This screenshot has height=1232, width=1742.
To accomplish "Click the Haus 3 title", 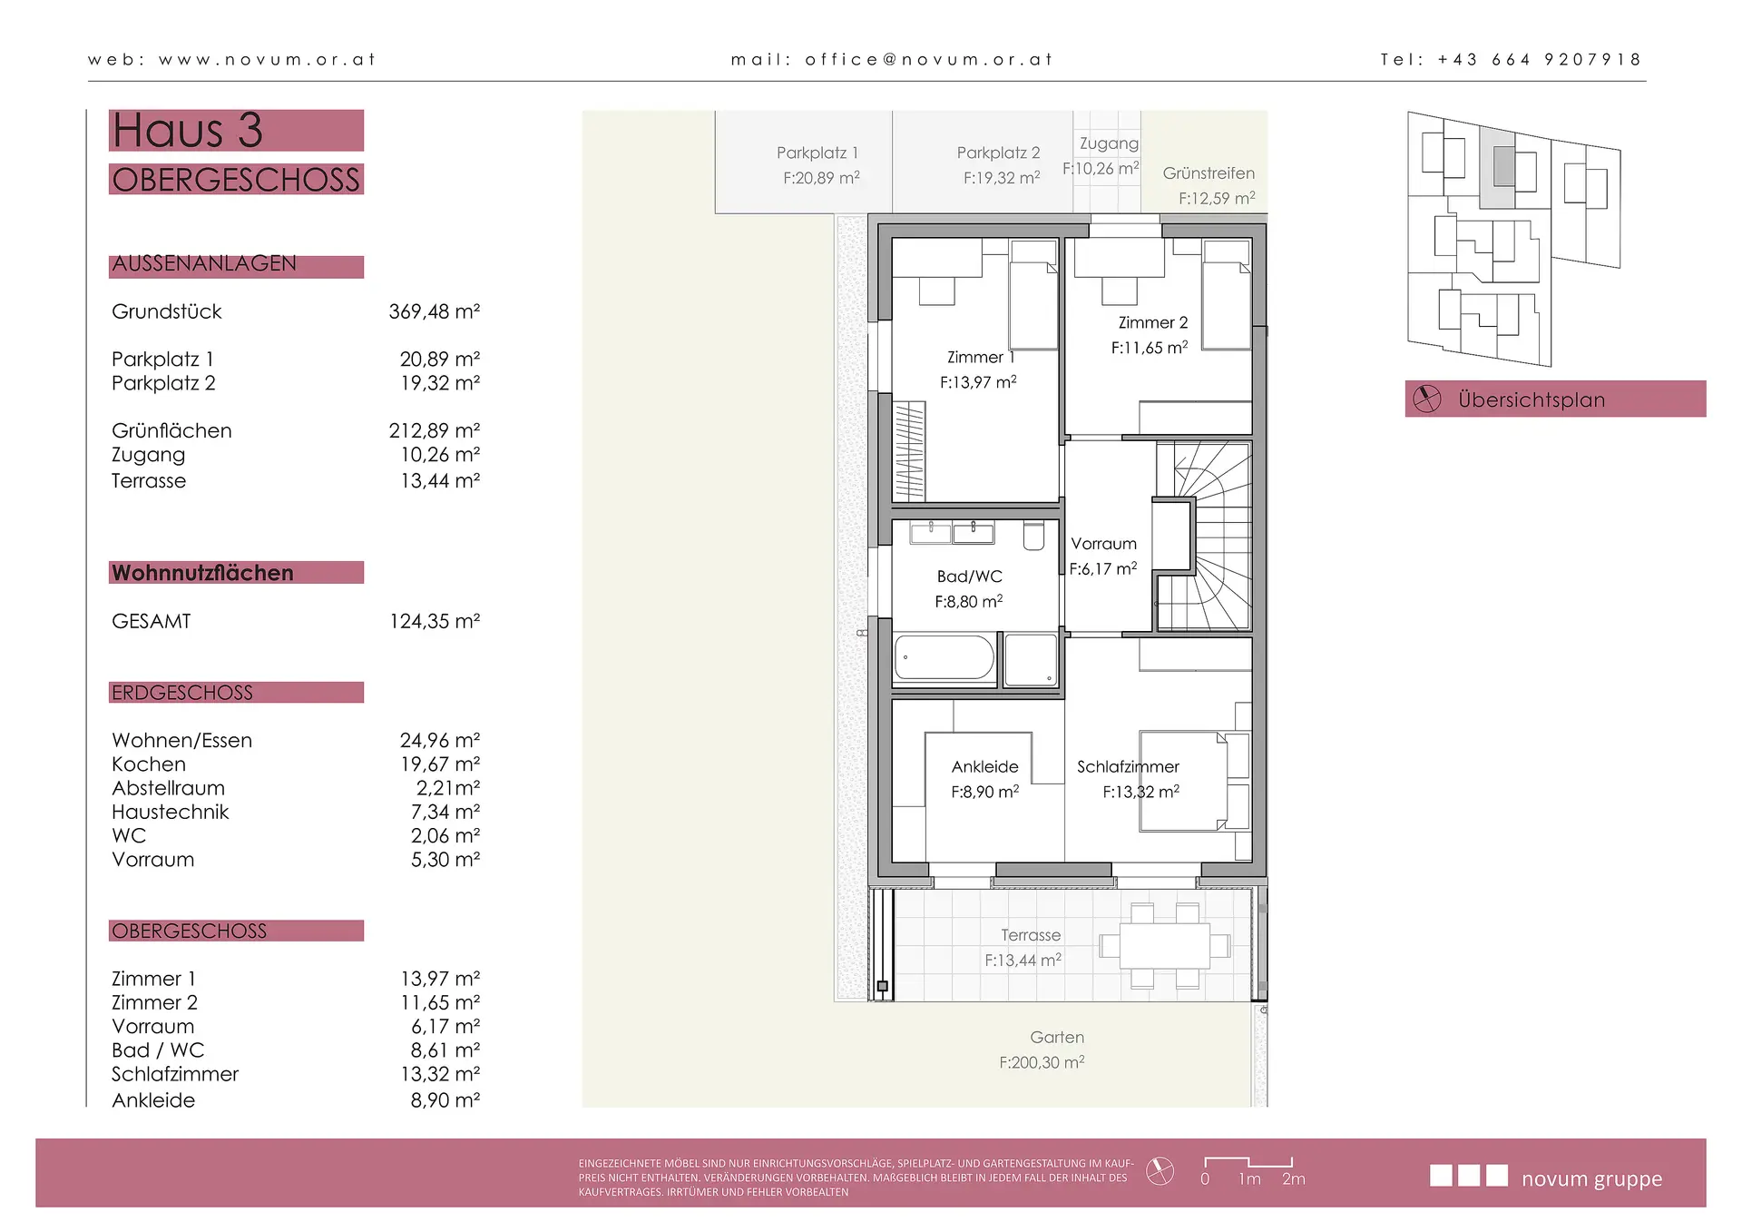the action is (187, 130).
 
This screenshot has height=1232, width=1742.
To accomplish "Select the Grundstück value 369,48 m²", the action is (435, 311).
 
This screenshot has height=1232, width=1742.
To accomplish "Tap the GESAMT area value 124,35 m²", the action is (435, 621).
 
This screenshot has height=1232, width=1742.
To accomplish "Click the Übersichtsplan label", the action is (1532, 399).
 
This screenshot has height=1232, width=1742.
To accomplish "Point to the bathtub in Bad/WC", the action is (944, 657).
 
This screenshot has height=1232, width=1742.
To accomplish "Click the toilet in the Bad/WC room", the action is (1033, 536).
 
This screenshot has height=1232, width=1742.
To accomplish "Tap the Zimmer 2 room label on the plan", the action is (1152, 322).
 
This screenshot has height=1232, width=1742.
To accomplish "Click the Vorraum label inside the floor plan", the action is (1103, 544).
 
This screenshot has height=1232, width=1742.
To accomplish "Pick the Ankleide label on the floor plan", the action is (984, 767).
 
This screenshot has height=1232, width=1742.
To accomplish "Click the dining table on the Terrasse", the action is (1164, 946).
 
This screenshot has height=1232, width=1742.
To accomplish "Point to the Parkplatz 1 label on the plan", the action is (817, 153).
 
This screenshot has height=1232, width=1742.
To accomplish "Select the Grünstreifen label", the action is (1209, 172).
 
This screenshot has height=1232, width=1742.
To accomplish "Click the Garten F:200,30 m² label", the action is (1043, 1050).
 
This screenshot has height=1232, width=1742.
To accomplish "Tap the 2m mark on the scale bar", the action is (1293, 1178).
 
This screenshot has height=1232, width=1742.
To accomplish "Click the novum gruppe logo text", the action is (1591, 1179).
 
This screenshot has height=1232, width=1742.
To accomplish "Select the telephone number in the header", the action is (1540, 60).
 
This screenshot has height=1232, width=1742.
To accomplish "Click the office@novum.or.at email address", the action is (928, 60).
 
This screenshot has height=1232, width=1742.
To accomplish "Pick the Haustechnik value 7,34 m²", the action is (445, 812).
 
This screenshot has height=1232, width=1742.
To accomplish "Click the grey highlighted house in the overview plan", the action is (1503, 166).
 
